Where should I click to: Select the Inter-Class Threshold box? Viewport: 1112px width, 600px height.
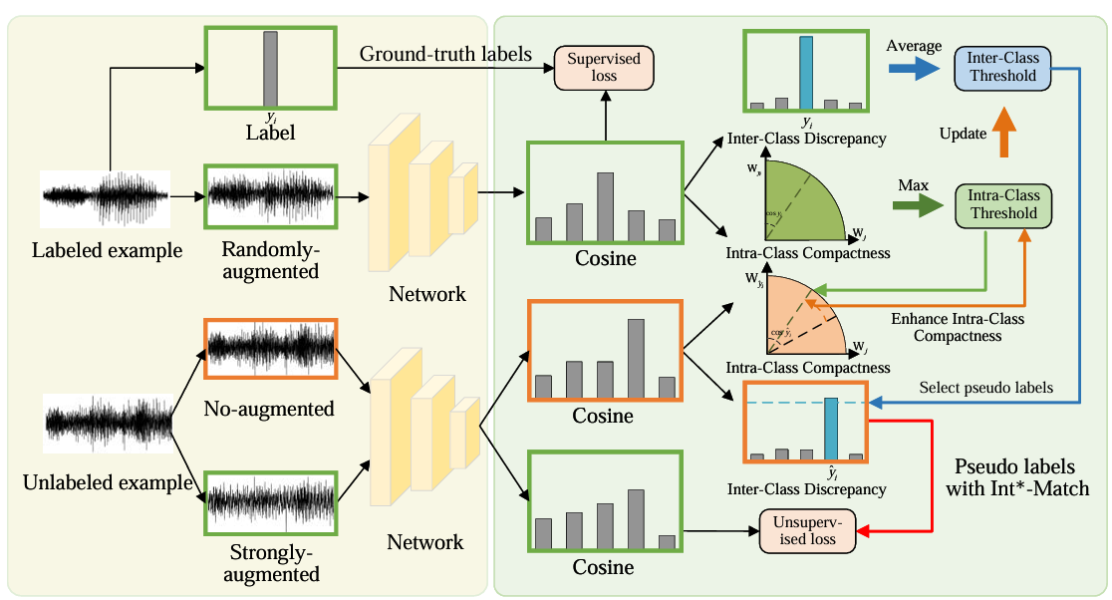(1002, 67)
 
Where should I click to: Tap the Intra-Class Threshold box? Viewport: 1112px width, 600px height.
(1002, 205)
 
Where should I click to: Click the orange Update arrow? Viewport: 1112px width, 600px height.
(1002, 133)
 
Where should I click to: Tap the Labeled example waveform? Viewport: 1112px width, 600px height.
(106, 198)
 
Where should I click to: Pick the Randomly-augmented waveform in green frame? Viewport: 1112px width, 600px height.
(270, 198)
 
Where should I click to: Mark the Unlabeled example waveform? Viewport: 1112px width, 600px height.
(107, 423)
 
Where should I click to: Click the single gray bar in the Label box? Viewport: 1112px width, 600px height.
(270, 68)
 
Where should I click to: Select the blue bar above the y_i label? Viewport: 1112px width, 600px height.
(806, 71)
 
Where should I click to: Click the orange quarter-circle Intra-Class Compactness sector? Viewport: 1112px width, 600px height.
(805, 318)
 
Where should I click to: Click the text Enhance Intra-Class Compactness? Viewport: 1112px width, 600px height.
(957, 327)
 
